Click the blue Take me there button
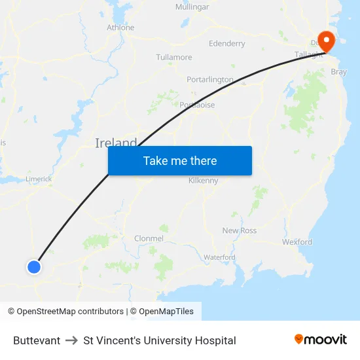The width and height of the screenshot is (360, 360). click(x=180, y=160)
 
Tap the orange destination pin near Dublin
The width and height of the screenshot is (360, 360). click(x=325, y=41)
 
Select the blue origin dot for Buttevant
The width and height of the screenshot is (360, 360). click(x=34, y=266)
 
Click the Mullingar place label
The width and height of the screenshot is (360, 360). click(x=192, y=7)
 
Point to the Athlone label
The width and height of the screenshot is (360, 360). click(x=120, y=27)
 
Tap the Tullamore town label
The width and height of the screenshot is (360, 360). click(x=174, y=58)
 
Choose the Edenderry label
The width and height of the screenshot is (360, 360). click(x=226, y=44)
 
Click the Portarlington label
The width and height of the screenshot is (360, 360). click(x=210, y=80)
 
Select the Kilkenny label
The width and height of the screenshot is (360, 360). click(x=203, y=181)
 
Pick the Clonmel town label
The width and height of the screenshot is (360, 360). click(x=149, y=238)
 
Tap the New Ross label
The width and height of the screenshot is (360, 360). click(x=240, y=230)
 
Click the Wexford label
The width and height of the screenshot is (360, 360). click(x=297, y=242)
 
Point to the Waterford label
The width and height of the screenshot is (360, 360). click(x=219, y=257)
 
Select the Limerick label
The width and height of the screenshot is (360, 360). click(x=38, y=178)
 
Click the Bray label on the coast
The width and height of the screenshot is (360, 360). click(x=339, y=72)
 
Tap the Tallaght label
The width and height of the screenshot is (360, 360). click(x=309, y=54)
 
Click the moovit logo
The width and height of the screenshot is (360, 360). click(x=320, y=340)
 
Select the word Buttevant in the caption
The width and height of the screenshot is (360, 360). click(x=37, y=340)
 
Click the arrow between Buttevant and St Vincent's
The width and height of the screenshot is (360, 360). click(x=71, y=340)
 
